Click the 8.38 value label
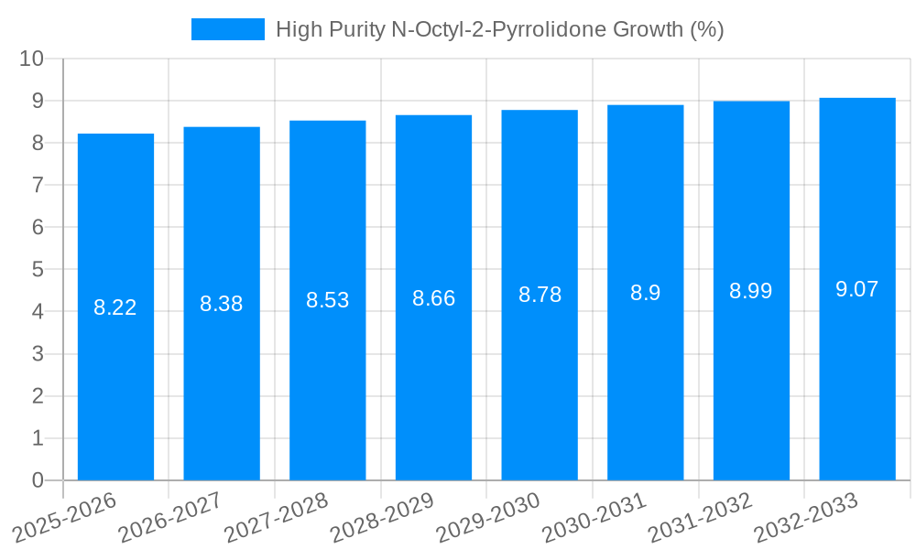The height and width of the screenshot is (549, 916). pyautogui.click(x=222, y=304)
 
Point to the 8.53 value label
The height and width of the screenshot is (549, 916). pyautogui.click(x=328, y=300)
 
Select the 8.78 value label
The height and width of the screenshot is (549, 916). pyautogui.click(x=540, y=295)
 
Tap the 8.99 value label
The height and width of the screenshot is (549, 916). pyautogui.click(x=751, y=291)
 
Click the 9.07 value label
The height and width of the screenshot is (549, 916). pyautogui.click(x=857, y=289)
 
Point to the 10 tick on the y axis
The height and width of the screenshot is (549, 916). pyautogui.click(x=32, y=59)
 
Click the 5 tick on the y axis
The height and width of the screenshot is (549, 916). pyautogui.click(x=38, y=270)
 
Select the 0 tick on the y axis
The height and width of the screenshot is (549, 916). pyautogui.click(x=38, y=480)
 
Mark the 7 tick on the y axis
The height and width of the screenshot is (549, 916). pyautogui.click(x=38, y=185)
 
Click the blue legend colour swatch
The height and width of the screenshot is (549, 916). pyautogui.click(x=227, y=29)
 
